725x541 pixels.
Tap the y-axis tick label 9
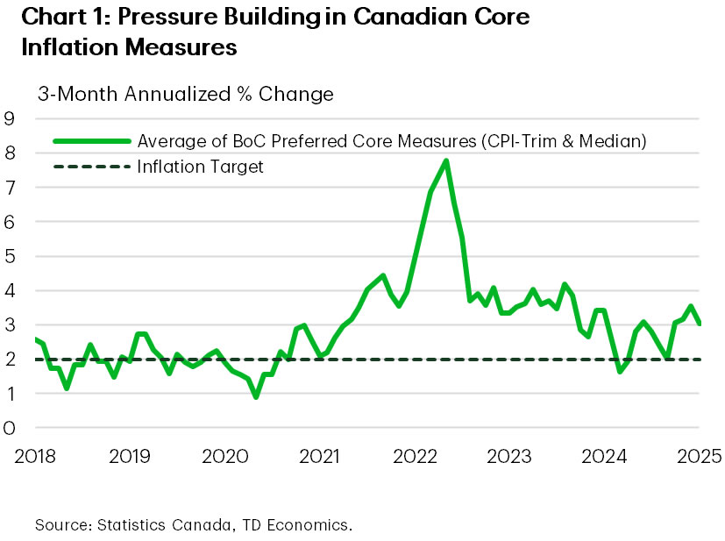click(x=10, y=118)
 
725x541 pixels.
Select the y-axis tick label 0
click(x=10, y=428)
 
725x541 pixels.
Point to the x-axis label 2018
click(x=35, y=456)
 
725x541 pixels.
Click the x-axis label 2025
click(x=700, y=456)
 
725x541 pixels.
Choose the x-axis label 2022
click(x=415, y=456)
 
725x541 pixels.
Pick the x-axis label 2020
click(x=225, y=456)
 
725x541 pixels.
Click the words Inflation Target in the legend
click(x=200, y=166)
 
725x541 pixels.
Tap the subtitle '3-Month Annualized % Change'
click(x=184, y=94)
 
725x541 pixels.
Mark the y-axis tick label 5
click(x=10, y=256)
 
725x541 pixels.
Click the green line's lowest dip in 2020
click(x=255, y=396)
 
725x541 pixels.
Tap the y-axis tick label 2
click(x=10, y=359)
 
